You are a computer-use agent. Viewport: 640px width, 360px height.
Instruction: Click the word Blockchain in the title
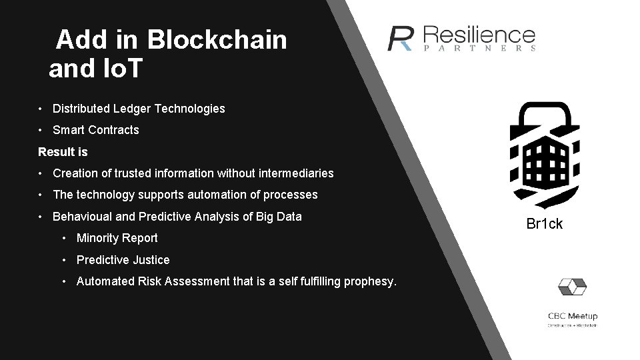[x=217, y=40]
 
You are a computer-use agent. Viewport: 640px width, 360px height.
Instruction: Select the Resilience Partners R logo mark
[x=401, y=39]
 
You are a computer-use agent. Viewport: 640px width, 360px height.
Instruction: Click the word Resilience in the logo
[x=479, y=34]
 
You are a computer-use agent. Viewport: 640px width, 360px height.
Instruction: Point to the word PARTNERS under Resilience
[x=479, y=49]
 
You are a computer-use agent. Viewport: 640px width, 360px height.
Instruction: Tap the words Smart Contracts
[x=95, y=130]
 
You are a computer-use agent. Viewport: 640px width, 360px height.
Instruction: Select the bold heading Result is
[x=63, y=152]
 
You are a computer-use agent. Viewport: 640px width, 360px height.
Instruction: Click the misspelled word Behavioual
[x=81, y=217]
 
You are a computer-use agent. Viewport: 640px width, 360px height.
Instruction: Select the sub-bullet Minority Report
[x=117, y=238]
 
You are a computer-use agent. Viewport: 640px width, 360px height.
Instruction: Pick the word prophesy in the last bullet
[x=370, y=281]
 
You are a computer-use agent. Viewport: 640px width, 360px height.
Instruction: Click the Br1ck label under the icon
[x=544, y=223]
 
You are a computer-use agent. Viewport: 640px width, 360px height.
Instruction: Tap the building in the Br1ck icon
[x=544, y=157]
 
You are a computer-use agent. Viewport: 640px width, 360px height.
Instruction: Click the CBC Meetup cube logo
[x=572, y=287]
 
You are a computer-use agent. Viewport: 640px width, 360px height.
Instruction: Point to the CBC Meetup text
[x=572, y=316]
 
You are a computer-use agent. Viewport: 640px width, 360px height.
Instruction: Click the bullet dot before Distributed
[x=41, y=109]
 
